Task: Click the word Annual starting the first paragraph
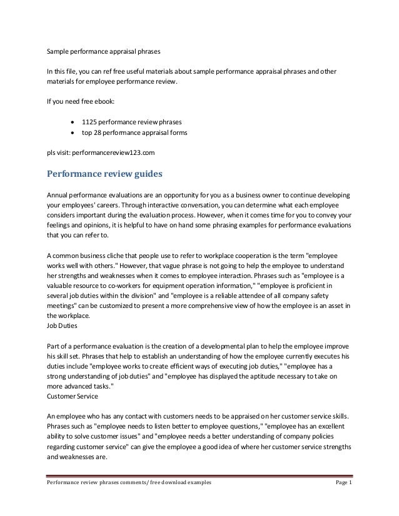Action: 58,193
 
